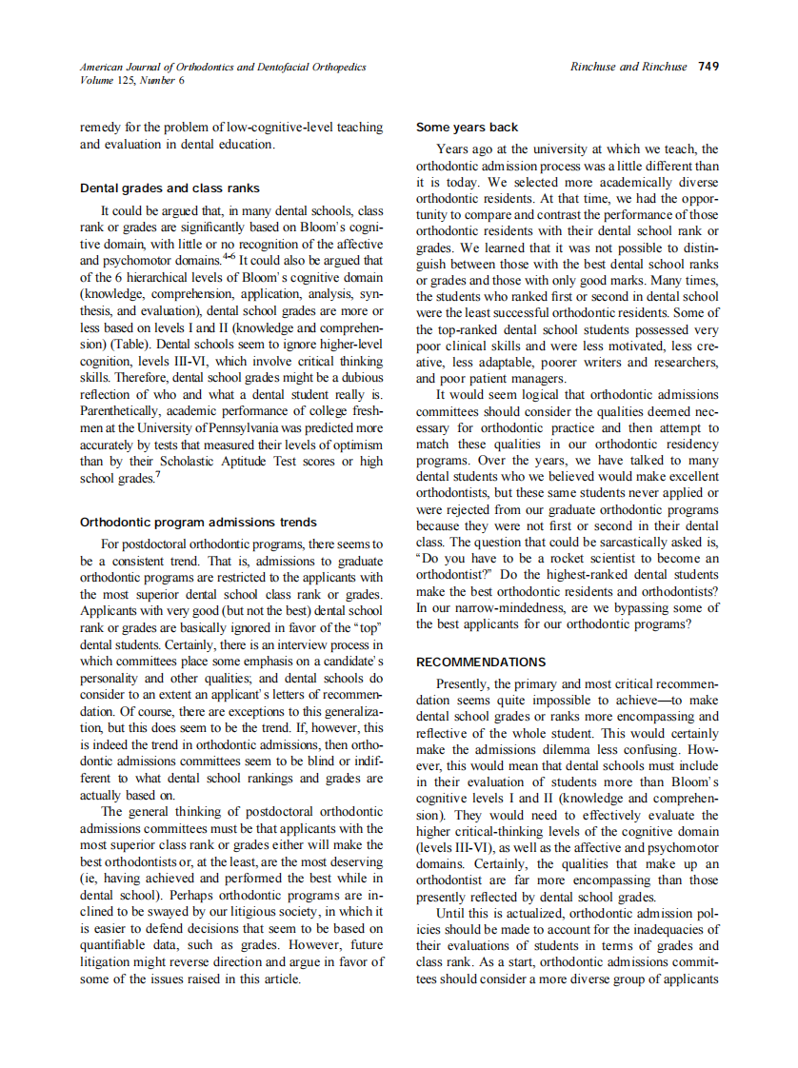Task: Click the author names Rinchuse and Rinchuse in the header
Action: pyautogui.click(x=628, y=67)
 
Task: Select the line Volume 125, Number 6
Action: pyautogui.click(x=132, y=80)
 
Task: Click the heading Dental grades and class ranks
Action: pyautogui.click(x=170, y=188)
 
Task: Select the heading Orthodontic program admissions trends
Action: pyautogui.click(x=197, y=523)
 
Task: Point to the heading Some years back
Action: pyautogui.click(x=467, y=128)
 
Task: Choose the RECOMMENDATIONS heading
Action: pyautogui.click(x=481, y=663)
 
